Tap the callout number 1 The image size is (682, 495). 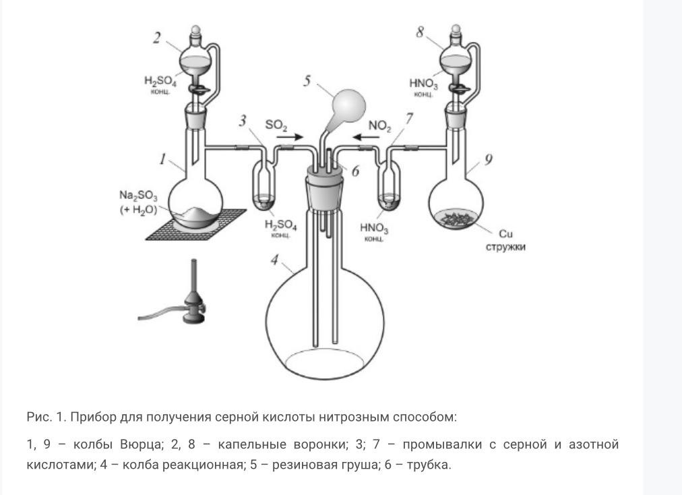pos(162,160)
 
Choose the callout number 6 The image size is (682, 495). pos(355,171)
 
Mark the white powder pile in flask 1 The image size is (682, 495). pos(199,214)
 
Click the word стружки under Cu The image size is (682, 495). pos(506,247)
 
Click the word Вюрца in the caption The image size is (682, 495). pos(139,446)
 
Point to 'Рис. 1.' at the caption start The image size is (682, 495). pos(44,417)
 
